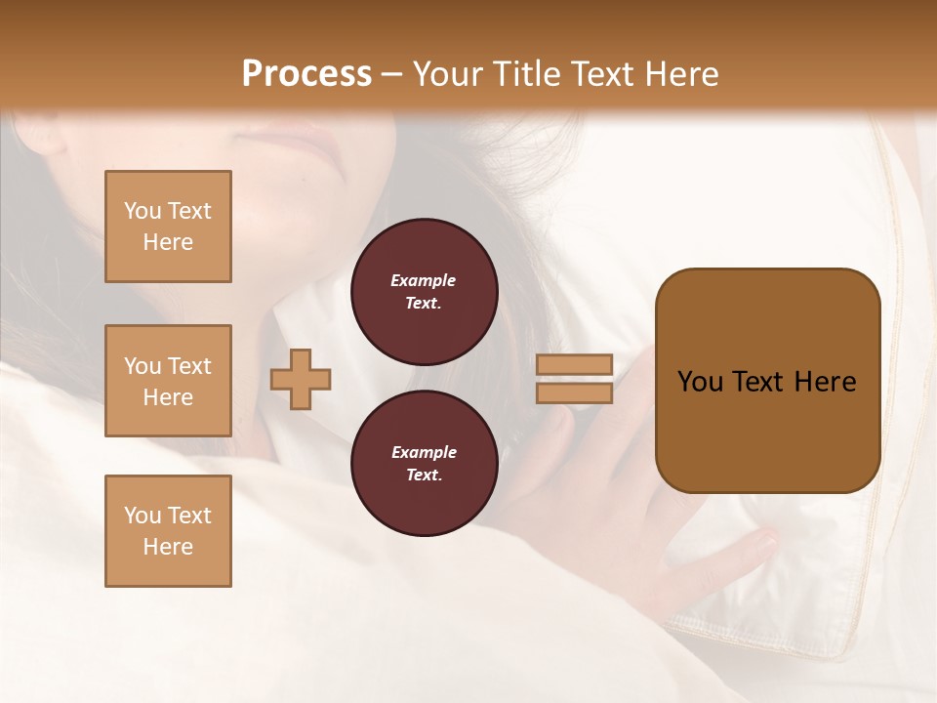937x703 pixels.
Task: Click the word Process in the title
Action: coord(306,74)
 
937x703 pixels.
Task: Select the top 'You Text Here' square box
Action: coord(168,227)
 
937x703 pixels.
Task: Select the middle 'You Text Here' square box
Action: coord(168,381)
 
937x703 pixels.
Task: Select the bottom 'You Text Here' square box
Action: coord(168,530)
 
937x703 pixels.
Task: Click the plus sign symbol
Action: coord(301,379)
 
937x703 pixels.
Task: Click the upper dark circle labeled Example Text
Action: coord(424,292)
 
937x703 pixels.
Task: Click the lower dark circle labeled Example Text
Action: coord(424,464)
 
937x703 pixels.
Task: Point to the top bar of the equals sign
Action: coord(574,365)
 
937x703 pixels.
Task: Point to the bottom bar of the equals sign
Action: coord(574,393)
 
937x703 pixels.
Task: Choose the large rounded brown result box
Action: coord(767,381)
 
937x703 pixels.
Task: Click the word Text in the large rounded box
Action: coord(759,382)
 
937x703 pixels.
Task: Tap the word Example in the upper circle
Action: coord(423,280)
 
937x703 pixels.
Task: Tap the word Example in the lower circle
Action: coord(424,452)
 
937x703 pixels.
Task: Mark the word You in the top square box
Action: coord(143,211)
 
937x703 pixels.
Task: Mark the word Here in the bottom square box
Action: coord(168,547)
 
